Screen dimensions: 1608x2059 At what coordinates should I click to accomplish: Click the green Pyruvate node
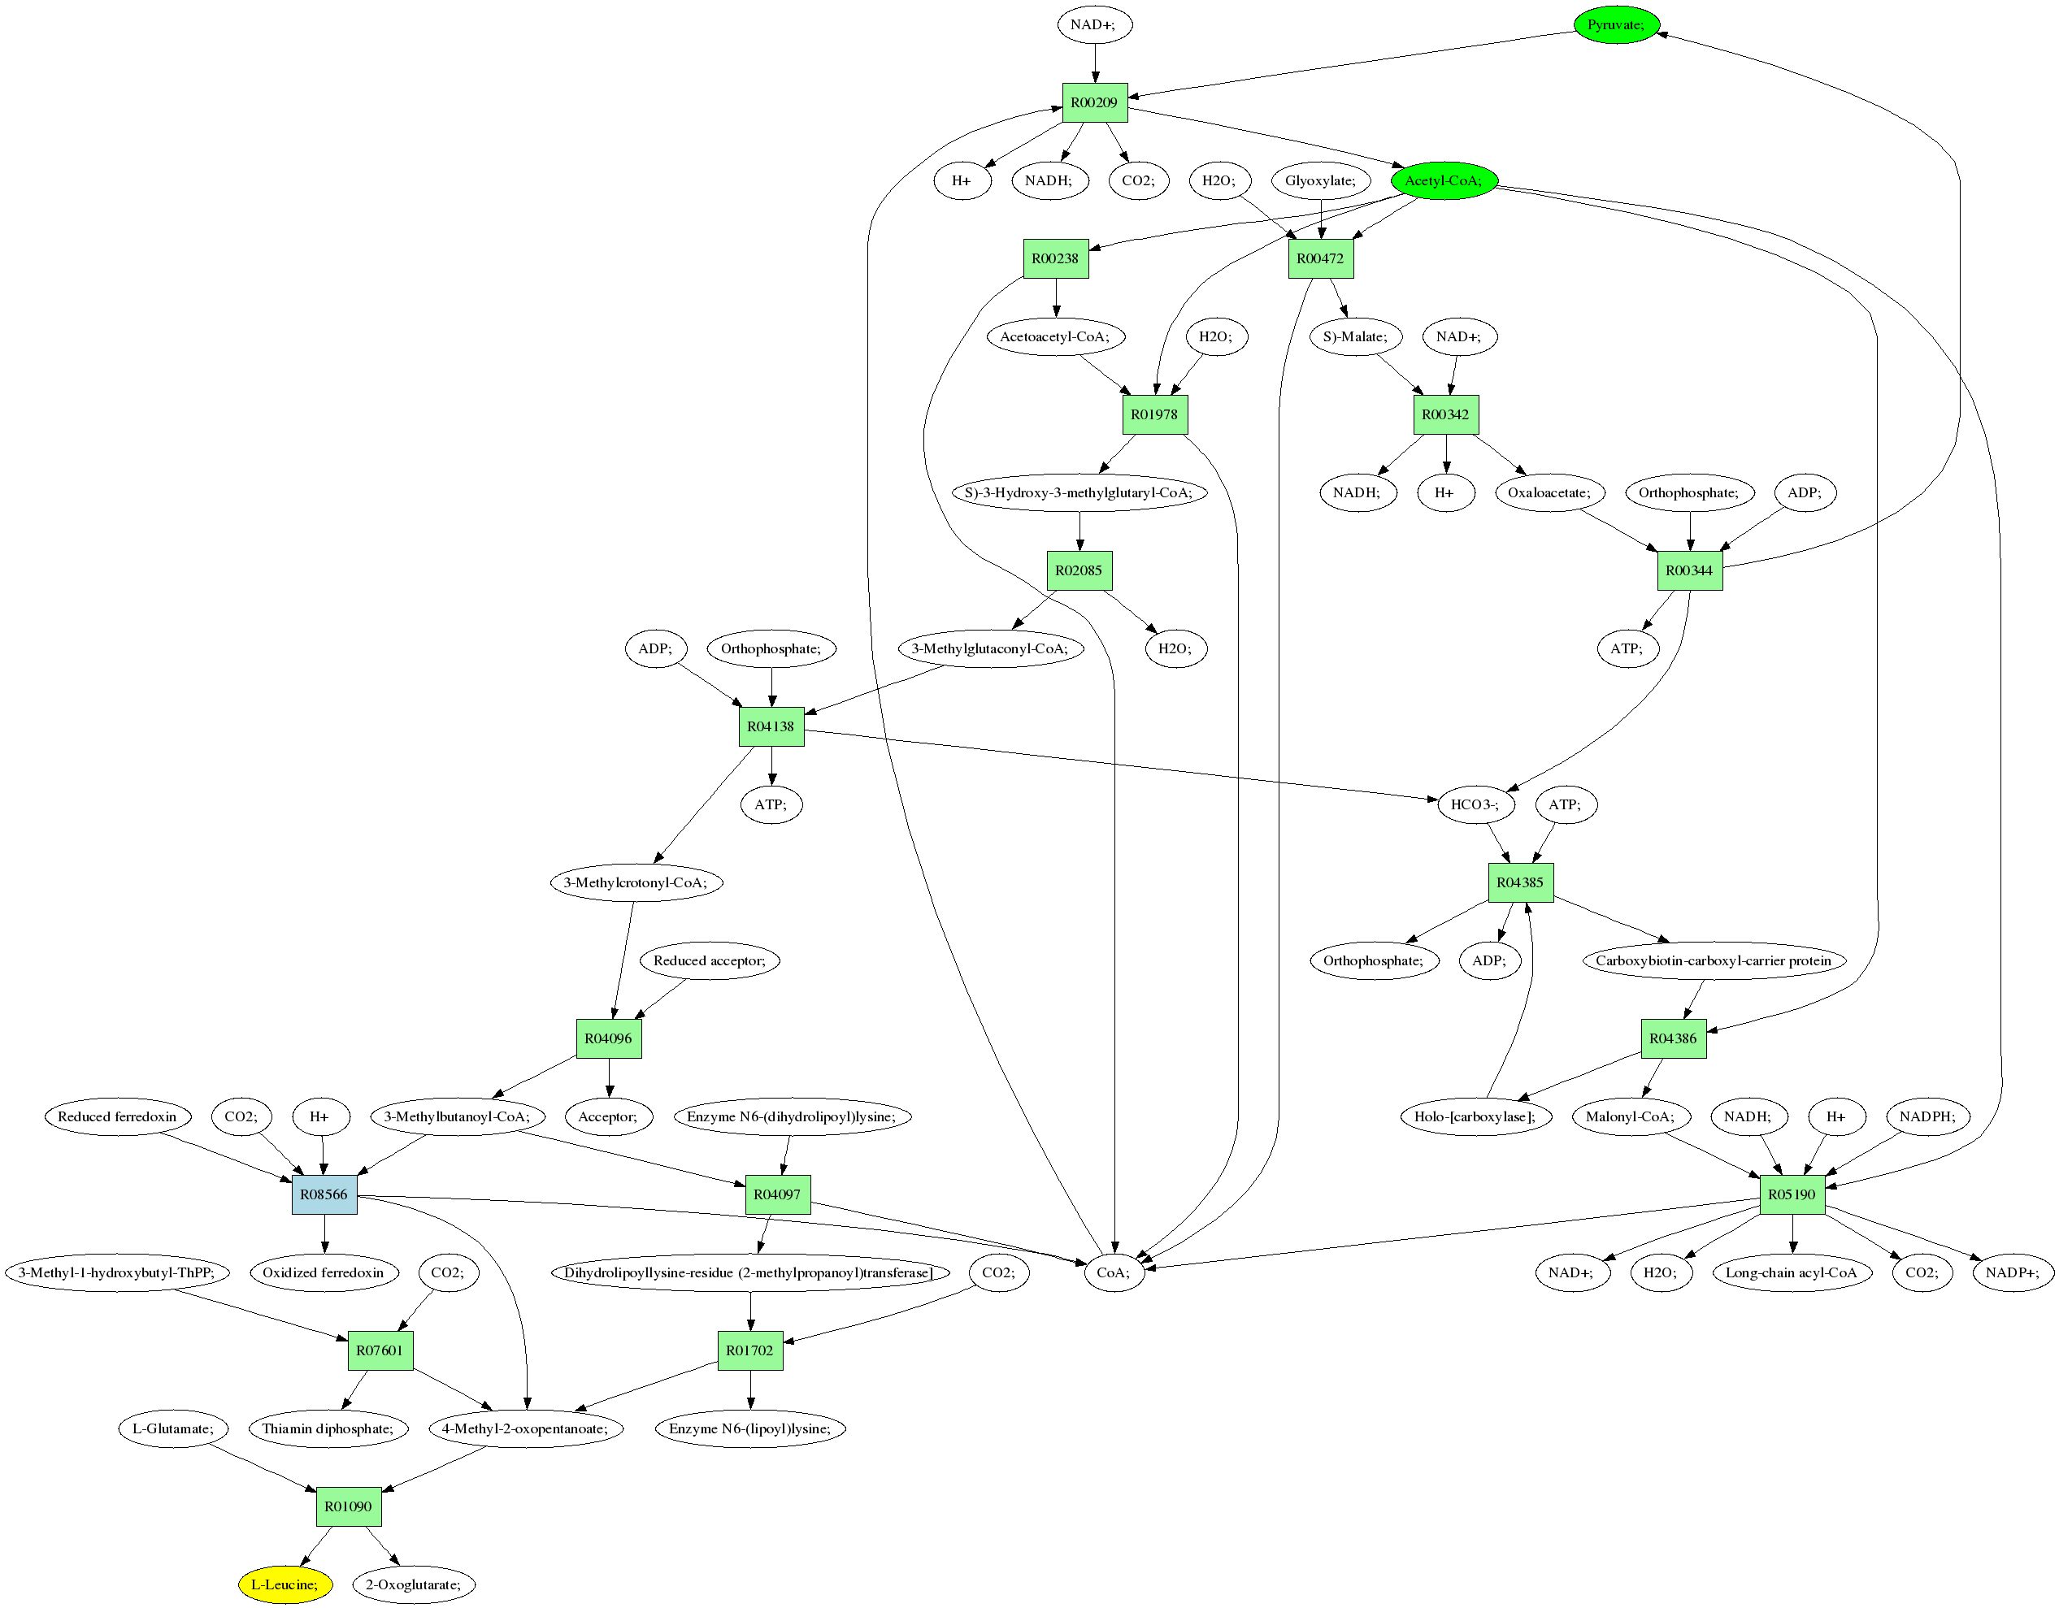[1616, 24]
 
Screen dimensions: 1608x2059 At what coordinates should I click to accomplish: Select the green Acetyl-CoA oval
[1444, 181]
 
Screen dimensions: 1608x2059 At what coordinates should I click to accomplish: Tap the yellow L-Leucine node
[285, 1584]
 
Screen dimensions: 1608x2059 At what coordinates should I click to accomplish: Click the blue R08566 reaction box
[324, 1194]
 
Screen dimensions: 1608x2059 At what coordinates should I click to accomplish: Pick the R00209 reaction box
[1095, 102]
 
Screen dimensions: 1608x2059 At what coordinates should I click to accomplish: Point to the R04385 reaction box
[1521, 882]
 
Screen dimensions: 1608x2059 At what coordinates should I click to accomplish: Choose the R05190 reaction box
[1792, 1194]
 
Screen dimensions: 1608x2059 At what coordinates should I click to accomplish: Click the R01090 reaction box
[348, 1506]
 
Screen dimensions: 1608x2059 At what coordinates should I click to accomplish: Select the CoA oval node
[1114, 1272]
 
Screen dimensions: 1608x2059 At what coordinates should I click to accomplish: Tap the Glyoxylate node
[1320, 181]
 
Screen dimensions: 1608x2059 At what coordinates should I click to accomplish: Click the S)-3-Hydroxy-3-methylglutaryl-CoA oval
[1079, 493]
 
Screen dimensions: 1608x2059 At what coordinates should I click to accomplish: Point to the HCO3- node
[1475, 805]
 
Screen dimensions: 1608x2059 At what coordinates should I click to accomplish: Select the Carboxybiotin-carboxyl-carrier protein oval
[1713, 960]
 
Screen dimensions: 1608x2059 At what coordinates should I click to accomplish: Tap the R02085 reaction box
[1079, 570]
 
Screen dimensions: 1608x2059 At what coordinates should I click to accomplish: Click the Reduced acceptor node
[709, 960]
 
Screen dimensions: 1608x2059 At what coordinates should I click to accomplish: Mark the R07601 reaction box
[380, 1350]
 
